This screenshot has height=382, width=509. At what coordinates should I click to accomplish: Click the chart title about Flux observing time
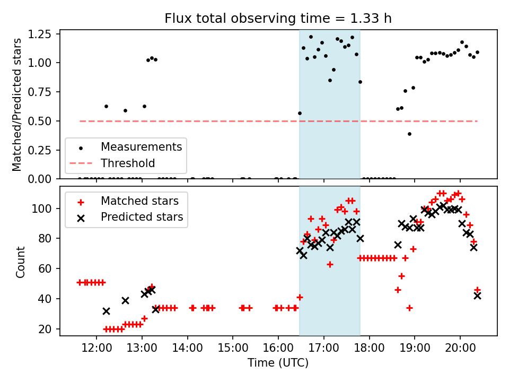click(x=278, y=19)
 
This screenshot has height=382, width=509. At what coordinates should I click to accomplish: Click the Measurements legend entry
click(x=141, y=146)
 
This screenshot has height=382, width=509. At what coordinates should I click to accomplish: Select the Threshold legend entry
click(x=128, y=163)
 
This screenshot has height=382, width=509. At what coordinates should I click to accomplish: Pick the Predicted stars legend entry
click(x=142, y=217)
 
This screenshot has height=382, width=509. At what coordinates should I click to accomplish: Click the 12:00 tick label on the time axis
click(x=96, y=350)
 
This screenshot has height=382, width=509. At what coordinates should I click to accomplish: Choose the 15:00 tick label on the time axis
click(x=233, y=350)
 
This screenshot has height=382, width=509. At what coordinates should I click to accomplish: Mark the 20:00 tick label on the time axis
click(x=460, y=350)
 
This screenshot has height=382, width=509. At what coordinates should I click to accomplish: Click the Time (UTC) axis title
click(x=278, y=363)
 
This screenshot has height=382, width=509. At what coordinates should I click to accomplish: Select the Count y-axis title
click(x=21, y=262)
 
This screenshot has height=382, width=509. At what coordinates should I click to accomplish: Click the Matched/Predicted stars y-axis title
click(x=17, y=105)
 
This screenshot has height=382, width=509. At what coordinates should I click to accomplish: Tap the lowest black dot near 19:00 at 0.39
click(x=409, y=134)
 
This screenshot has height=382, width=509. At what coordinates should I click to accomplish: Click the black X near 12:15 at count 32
click(x=106, y=311)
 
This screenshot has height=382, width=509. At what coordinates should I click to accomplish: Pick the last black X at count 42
click(x=477, y=296)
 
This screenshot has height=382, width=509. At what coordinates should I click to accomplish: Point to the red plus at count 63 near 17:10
click(x=330, y=264)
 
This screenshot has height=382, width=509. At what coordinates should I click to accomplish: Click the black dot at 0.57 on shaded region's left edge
click(x=300, y=113)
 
